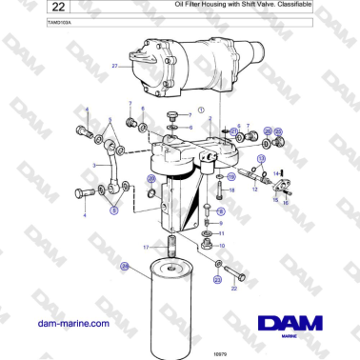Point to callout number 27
coord(114,67)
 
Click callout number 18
coord(231,190)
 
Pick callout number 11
coord(222,232)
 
